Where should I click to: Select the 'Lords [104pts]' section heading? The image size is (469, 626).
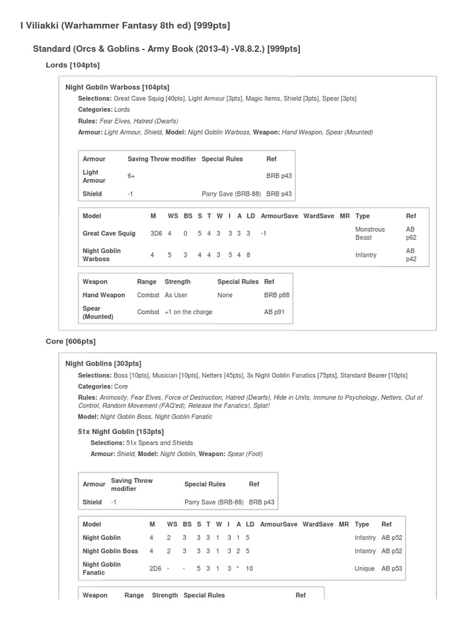[x=73, y=65]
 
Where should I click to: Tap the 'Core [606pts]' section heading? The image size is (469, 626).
[x=71, y=341]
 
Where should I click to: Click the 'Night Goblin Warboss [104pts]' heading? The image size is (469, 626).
[x=117, y=87]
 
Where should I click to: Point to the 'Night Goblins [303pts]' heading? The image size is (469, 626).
[x=103, y=364]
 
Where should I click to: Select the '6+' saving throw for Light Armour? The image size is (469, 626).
[x=131, y=176]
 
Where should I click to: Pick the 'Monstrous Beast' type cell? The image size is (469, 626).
[x=369, y=234]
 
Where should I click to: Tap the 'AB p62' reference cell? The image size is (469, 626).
[x=410, y=234]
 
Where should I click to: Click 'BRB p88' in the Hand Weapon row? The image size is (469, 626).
[x=277, y=295]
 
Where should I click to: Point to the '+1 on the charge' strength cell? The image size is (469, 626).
[x=188, y=312]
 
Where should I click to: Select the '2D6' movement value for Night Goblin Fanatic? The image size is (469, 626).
[x=155, y=569]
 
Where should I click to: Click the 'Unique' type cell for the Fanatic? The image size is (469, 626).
[x=365, y=569]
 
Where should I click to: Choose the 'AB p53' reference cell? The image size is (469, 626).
[x=392, y=569]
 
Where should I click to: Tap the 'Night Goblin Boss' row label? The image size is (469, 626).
[x=110, y=551]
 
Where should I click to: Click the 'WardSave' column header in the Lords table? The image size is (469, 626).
[x=318, y=216]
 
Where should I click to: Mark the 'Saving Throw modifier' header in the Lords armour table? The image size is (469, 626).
[x=161, y=159]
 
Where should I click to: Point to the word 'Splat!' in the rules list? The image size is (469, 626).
[x=260, y=406]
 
